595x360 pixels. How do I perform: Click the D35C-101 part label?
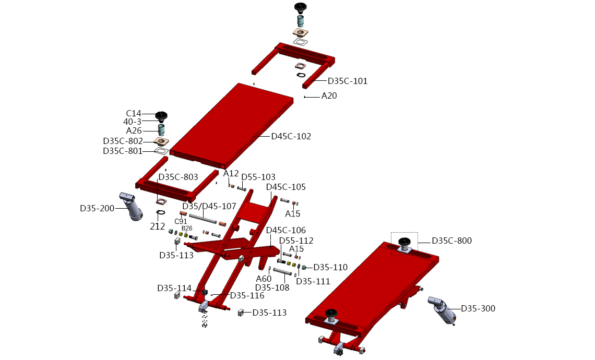(348, 81)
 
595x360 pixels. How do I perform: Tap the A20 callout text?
(329, 96)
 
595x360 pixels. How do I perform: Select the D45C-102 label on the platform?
(291, 137)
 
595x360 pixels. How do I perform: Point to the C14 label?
(134, 113)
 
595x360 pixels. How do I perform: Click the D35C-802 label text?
(123, 141)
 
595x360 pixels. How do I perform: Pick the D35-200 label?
(97, 208)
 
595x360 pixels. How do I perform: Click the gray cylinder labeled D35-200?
(131, 207)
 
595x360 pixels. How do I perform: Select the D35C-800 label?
(452, 241)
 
